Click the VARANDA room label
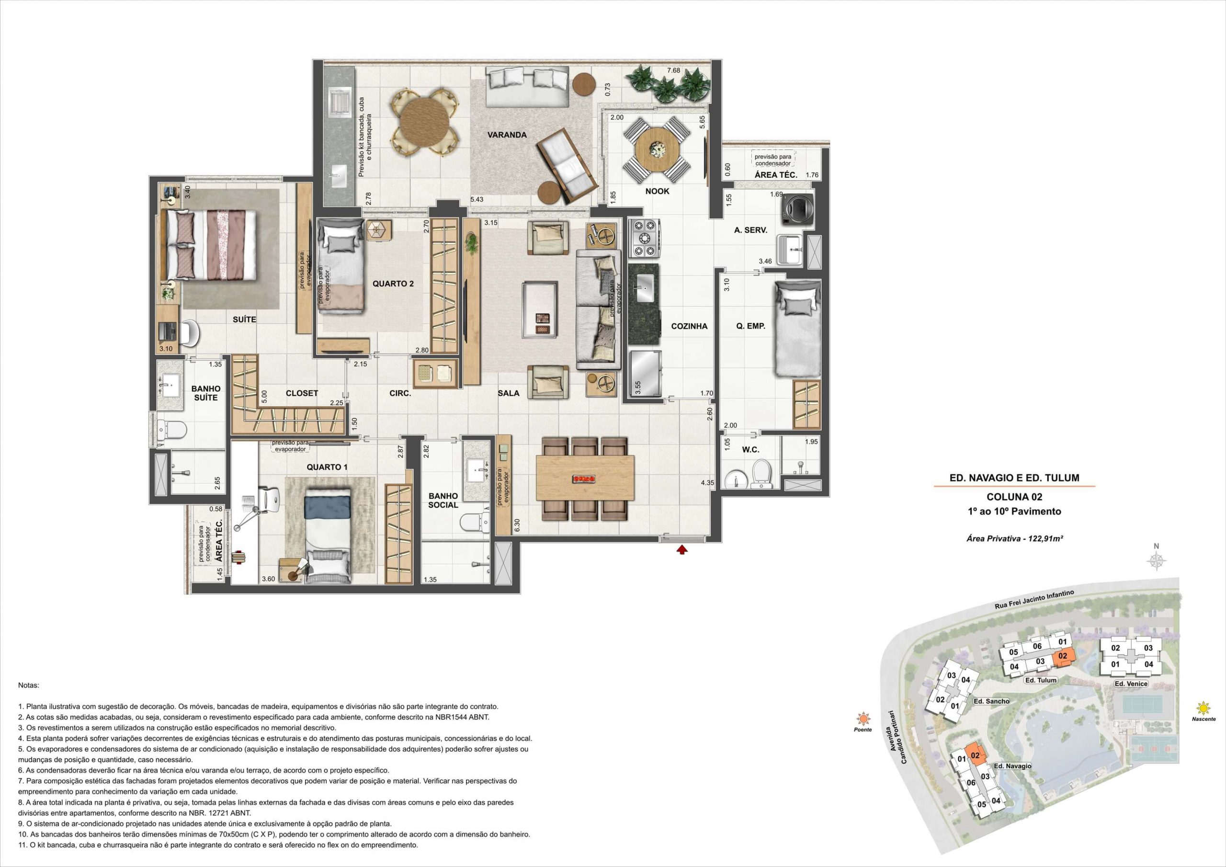point(507,135)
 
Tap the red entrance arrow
point(682,549)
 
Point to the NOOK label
point(657,191)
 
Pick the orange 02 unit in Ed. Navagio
point(976,755)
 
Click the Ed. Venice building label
point(1131,684)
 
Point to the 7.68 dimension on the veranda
point(673,70)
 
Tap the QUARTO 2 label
point(393,284)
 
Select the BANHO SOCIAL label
point(443,501)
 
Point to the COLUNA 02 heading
point(1014,497)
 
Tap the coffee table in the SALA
point(541,310)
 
